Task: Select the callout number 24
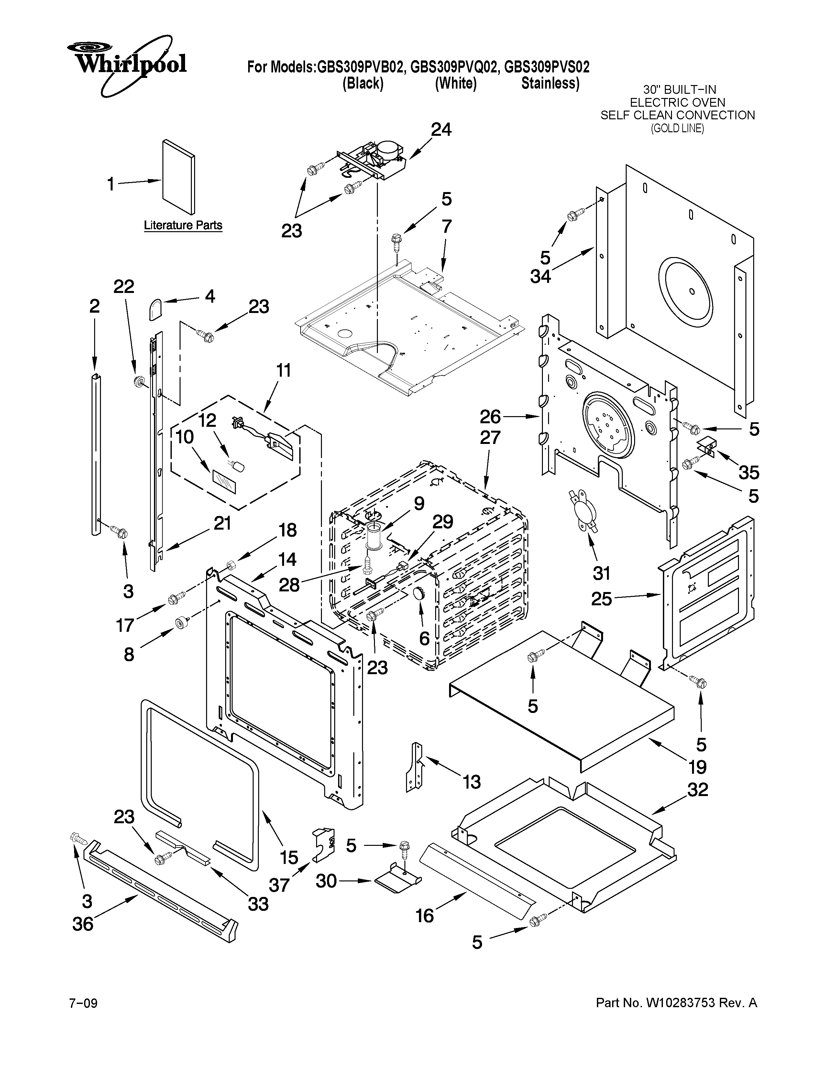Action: tap(441, 129)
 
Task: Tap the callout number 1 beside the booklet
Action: tap(111, 184)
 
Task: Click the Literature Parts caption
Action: tap(183, 225)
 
